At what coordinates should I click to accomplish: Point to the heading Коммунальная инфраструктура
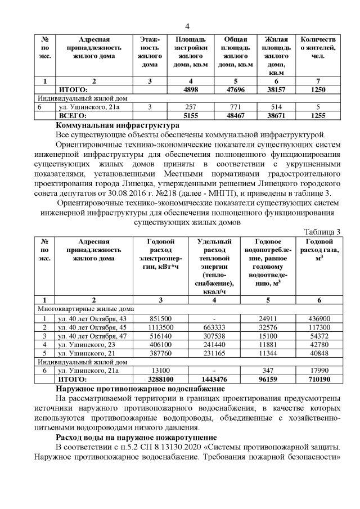coord(118,125)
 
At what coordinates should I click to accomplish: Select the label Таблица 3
coord(322,232)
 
